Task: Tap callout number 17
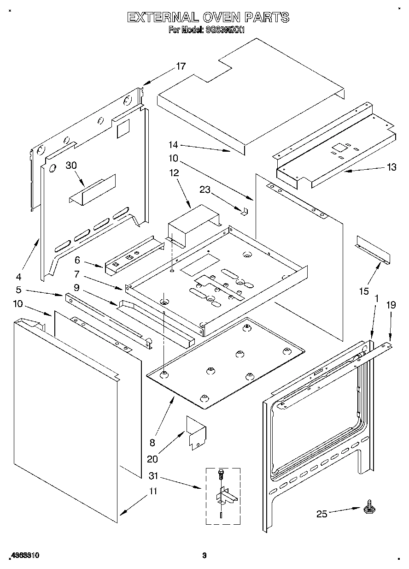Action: (x=181, y=66)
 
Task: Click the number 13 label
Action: (x=391, y=167)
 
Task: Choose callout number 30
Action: (x=70, y=166)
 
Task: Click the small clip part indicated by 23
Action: (x=245, y=211)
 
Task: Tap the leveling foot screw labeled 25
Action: (x=369, y=508)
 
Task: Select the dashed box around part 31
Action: (x=223, y=496)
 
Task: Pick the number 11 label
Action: (x=152, y=491)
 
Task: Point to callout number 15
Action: (x=364, y=291)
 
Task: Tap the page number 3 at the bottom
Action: (x=204, y=556)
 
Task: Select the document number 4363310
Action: (x=23, y=556)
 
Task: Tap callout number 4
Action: (x=18, y=277)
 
